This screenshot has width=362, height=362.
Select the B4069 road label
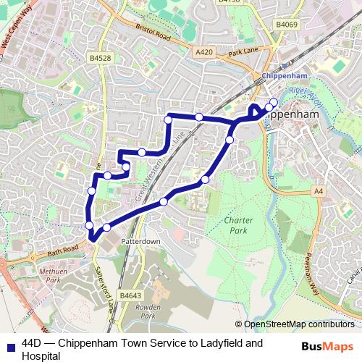[x=287, y=25]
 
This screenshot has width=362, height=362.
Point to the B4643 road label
[x=130, y=296]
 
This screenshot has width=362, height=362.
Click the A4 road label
[x=318, y=190]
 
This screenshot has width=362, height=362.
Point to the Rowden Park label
[x=148, y=312]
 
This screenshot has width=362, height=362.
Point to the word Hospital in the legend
[x=41, y=355]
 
